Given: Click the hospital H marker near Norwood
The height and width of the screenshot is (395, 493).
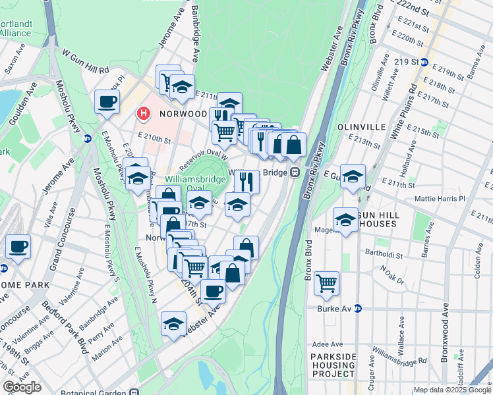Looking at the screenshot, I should [142, 114].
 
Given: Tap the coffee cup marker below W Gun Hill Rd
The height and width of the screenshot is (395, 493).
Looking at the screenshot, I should [107, 102].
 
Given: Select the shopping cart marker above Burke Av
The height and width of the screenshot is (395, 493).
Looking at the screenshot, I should [326, 283].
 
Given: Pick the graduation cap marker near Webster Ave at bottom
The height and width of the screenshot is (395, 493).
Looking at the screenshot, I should [173, 324].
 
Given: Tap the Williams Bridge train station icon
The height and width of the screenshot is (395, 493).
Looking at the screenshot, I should [296, 172].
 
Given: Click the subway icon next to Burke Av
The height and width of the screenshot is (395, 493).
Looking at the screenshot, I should [358, 307].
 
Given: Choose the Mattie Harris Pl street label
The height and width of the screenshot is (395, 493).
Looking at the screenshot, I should [440, 198].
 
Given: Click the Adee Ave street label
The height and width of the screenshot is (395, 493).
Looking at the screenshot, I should [328, 344].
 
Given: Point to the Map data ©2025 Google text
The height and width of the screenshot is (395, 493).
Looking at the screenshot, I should [451, 390].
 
